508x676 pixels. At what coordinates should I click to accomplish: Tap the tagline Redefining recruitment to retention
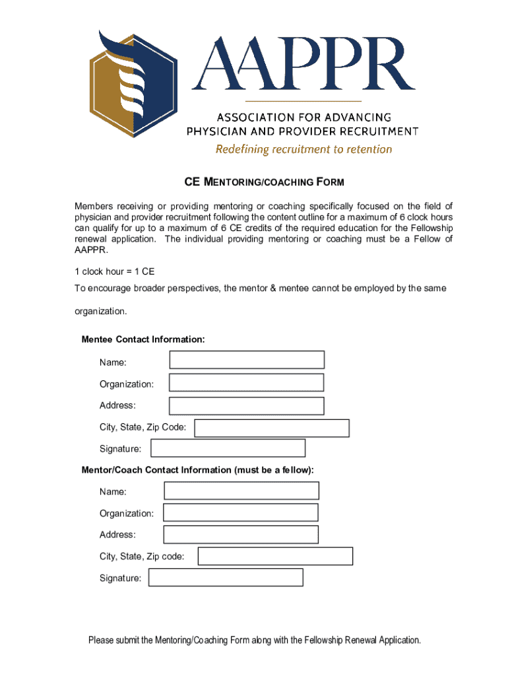[303, 149]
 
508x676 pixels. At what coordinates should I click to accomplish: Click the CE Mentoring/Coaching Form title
[254, 182]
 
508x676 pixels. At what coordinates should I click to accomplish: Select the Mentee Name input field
[247, 360]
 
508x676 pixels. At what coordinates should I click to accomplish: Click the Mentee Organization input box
[246, 383]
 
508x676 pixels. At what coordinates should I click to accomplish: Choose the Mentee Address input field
[246, 406]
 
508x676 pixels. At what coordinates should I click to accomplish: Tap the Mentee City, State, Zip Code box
[272, 428]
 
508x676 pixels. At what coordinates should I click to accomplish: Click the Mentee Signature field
[228, 448]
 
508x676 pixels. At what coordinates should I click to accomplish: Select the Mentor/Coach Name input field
[241, 490]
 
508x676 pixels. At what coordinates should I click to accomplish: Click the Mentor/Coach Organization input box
[241, 513]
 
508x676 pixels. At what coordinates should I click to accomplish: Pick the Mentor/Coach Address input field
[241, 535]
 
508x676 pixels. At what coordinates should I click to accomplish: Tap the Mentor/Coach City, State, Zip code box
[275, 557]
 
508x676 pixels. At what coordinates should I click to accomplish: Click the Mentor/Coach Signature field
[226, 578]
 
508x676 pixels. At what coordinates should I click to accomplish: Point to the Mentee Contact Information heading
[143, 339]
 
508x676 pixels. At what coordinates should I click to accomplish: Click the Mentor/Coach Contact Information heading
[198, 470]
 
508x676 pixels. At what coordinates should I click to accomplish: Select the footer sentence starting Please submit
[254, 640]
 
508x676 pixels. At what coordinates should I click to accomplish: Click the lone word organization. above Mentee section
[100, 310]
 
